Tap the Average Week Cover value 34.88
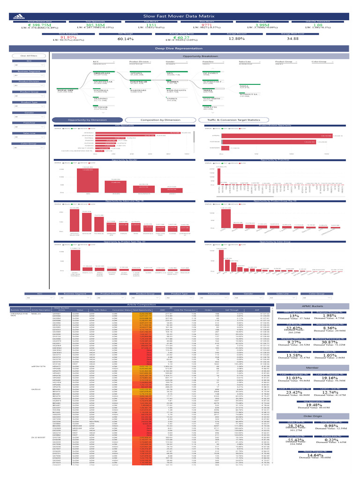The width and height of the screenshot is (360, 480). (x=292, y=39)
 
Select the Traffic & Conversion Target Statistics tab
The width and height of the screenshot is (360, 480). (x=233, y=120)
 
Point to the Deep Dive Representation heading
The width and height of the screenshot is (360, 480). (x=180, y=48)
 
